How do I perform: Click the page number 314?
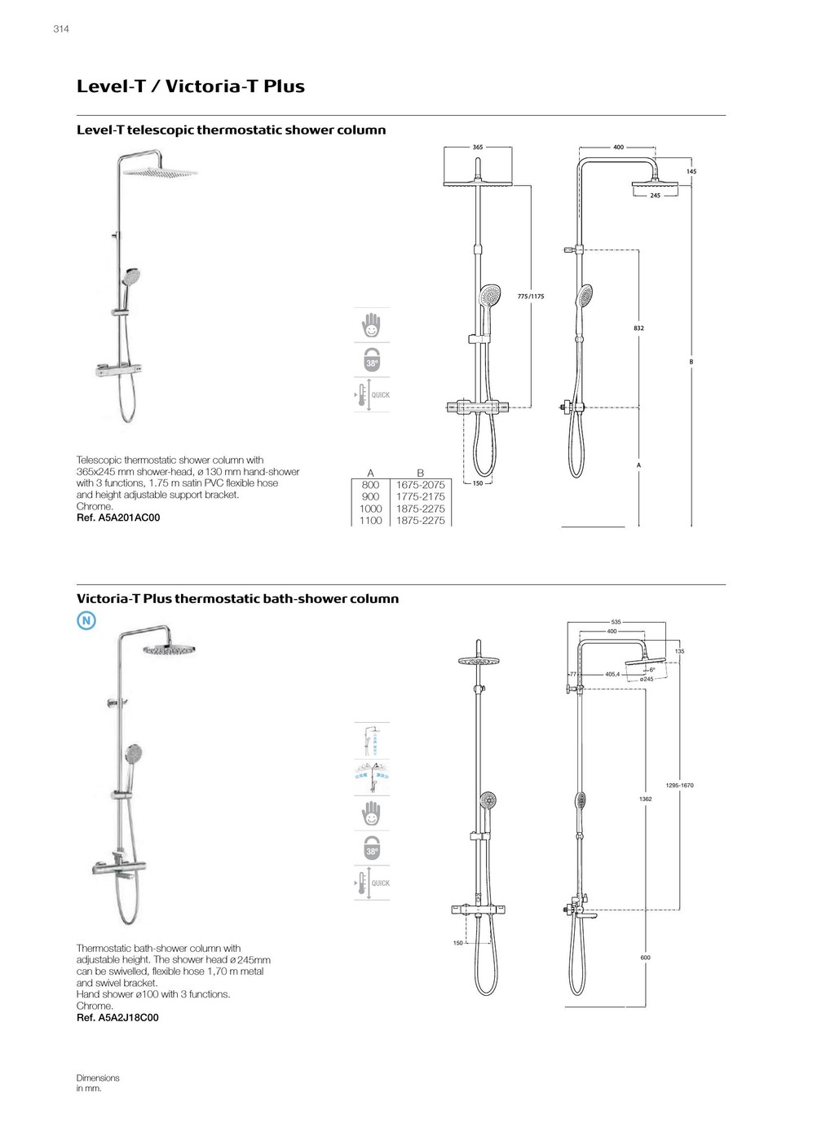point(61,29)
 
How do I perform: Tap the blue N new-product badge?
point(86,621)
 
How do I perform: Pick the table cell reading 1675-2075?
point(421,485)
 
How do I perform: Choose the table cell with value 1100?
point(370,521)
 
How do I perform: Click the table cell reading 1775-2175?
point(421,496)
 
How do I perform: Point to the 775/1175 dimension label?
point(531,297)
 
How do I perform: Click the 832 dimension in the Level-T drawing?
point(638,328)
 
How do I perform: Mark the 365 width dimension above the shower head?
point(478,148)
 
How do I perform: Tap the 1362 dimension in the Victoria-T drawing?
point(645,800)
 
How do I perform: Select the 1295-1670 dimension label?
point(679,786)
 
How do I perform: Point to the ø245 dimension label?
point(647,679)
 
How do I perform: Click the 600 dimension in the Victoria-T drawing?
point(645,958)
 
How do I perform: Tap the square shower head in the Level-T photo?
point(159,172)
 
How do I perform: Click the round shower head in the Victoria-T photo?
point(173,650)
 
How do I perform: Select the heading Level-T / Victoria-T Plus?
point(191,86)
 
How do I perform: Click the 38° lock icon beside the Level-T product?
point(372,360)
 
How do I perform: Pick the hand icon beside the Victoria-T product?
point(372,813)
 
